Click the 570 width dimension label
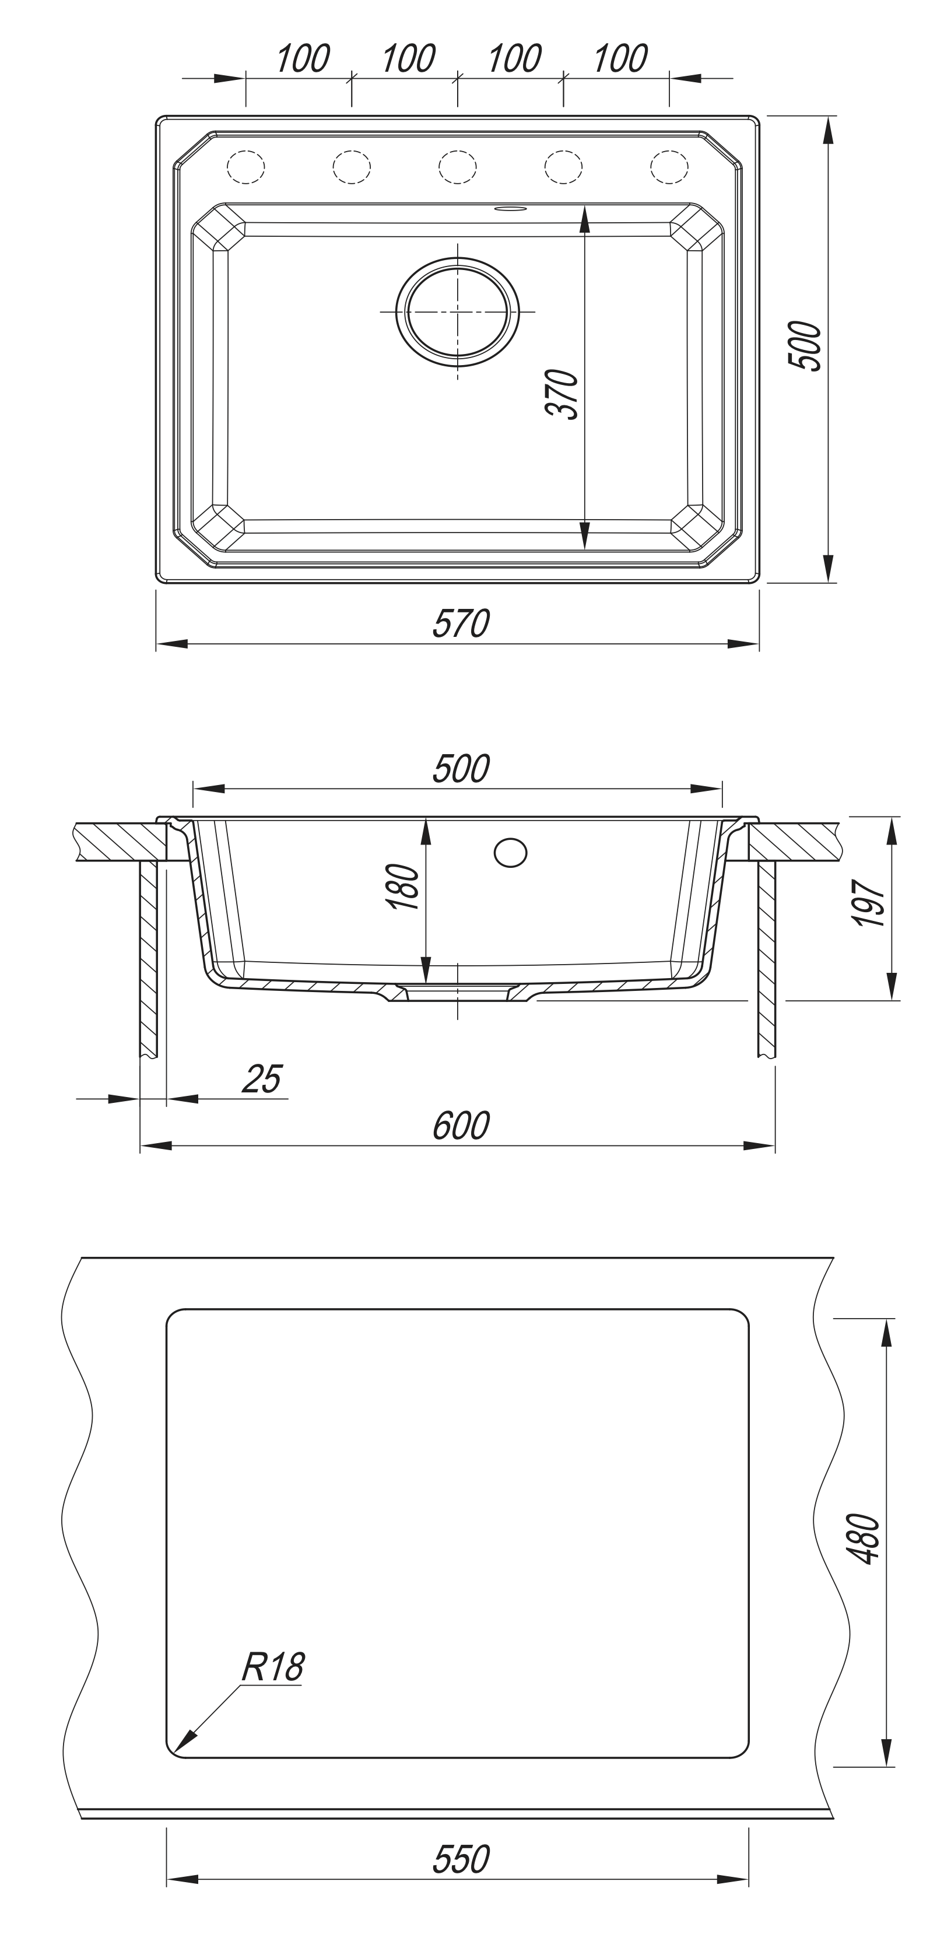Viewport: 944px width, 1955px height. (461, 624)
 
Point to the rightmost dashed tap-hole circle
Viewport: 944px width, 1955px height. (669, 167)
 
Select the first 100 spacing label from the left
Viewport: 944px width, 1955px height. (302, 58)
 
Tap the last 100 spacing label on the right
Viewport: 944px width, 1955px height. (620, 58)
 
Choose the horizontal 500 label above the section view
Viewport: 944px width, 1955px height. (461, 769)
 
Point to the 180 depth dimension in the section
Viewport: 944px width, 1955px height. (403, 887)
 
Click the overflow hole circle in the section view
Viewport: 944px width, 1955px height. (510, 852)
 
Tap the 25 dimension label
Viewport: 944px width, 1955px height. (262, 1079)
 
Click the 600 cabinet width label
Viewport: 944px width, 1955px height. (461, 1126)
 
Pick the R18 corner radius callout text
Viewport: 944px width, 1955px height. (272, 1668)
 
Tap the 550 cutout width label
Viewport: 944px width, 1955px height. (461, 1860)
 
